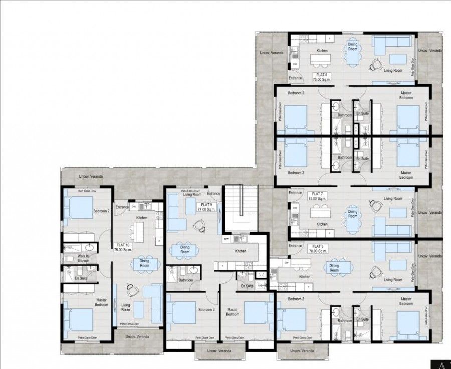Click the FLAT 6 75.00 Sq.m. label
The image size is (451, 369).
320,77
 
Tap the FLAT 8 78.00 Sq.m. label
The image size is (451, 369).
319,249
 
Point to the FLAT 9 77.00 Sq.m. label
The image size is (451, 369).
206,207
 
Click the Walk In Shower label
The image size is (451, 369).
83,258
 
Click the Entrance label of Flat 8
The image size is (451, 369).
295,246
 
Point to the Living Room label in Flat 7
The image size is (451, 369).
393,199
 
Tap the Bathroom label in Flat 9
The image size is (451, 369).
186,280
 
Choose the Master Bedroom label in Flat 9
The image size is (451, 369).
232,312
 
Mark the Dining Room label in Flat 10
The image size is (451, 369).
144,264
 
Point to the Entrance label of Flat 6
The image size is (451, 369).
295,78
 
